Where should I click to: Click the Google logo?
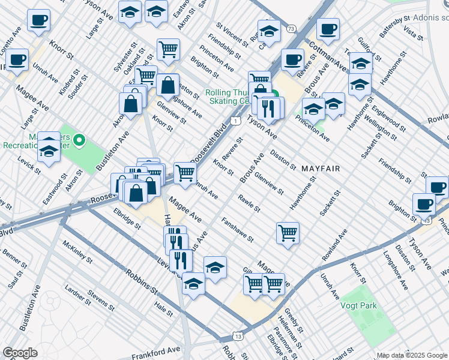pos(20,353)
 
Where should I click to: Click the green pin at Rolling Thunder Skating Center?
pos(274,94)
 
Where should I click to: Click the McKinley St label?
pos(76,253)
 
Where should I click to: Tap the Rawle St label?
pos(249,203)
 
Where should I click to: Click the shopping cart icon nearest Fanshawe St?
pos(288,232)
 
